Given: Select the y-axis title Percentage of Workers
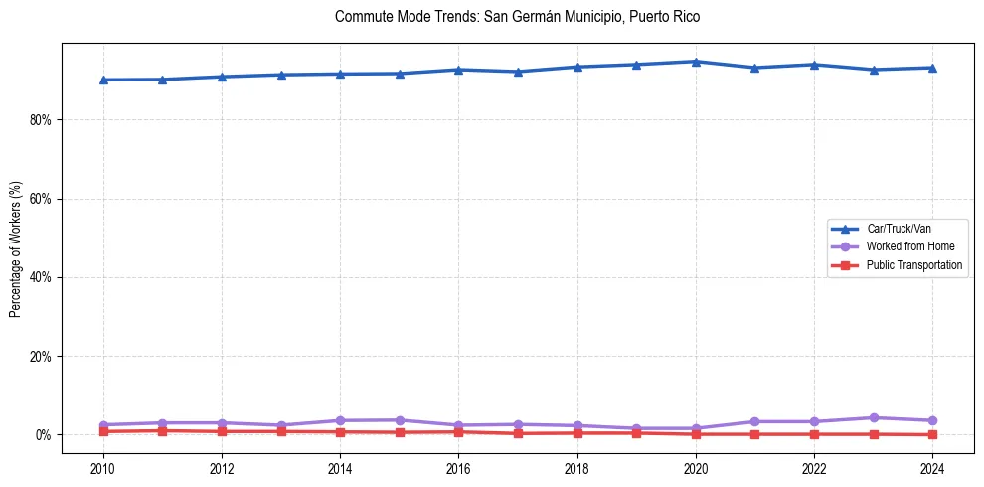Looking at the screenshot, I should (x=16, y=249).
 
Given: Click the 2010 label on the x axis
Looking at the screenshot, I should (x=103, y=469).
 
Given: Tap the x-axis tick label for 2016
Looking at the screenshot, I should (x=459, y=469).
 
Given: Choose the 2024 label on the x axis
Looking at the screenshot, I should (x=933, y=469).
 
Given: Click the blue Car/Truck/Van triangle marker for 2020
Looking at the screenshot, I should (x=696, y=62).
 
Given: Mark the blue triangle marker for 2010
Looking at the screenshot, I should (x=103, y=80).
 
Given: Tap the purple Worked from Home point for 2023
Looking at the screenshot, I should (x=874, y=418).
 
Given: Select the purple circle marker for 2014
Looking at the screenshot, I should (x=340, y=420).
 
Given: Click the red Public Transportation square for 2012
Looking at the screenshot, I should (x=222, y=431).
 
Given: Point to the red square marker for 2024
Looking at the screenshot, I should (x=933, y=434).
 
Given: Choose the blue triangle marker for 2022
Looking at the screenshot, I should (x=815, y=65).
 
